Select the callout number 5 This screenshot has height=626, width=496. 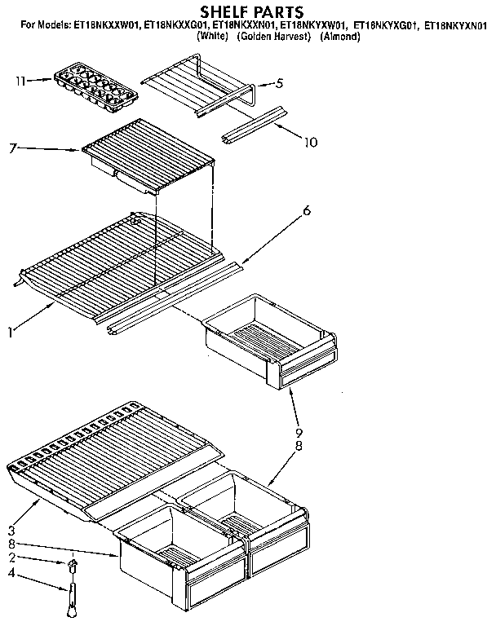pos(280,83)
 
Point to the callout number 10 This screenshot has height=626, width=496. pos(311,143)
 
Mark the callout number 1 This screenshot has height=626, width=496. pos(11,331)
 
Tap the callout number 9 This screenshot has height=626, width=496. pos(299,433)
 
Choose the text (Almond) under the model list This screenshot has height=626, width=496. pos(340,37)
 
